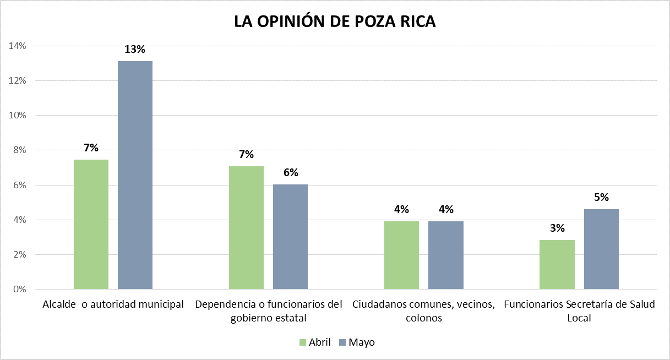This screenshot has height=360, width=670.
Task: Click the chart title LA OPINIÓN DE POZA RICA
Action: (x=335, y=21)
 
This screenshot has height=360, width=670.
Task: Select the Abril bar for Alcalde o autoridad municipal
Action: (x=91, y=224)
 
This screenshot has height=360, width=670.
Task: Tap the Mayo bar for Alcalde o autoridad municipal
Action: (x=135, y=175)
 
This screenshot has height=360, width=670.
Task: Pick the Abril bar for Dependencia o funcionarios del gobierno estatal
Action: (x=246, y=227)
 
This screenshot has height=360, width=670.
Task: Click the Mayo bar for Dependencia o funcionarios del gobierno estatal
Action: (x=290, y=237)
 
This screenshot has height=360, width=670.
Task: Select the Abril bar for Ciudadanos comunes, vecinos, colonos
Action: (x=401, y=255)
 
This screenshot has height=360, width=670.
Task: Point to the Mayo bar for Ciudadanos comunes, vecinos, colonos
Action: (x=446, y=255)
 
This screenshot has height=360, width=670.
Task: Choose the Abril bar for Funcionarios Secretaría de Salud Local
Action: (x=557, y=264)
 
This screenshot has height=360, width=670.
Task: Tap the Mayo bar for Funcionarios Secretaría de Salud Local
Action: (x=601, y=249)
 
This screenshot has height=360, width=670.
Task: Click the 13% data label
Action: (x=135, y=50)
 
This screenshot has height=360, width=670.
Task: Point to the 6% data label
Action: (x=291, y=173)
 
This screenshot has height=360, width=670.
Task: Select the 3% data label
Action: (x=557, y=228)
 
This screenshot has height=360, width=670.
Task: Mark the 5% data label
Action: (x=601, y=198)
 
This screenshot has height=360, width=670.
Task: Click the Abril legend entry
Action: (x=314, y=342)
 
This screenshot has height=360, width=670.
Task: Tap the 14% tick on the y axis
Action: (x=17, y=46)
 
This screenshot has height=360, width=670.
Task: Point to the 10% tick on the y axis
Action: (x=17, y=116)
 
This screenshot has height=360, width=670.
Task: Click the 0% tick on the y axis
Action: (x=19, y=290)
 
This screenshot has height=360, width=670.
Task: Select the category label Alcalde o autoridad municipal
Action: (x=113, y=304)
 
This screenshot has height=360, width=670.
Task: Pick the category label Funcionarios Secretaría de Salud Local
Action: (x=579, y=310)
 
